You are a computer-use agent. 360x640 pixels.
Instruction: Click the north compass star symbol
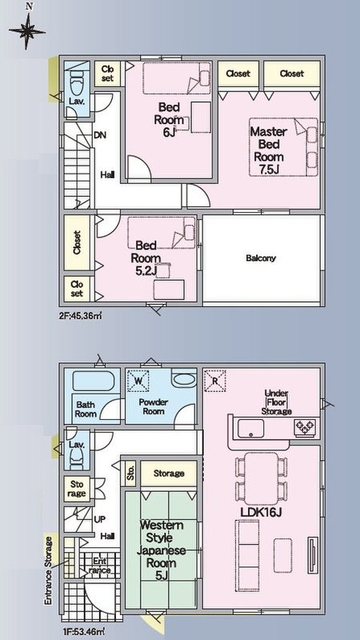(x=27, y=31)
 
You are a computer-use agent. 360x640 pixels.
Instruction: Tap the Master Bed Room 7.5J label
(x=268, y=150)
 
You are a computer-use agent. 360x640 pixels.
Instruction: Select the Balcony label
(x=261, y=258)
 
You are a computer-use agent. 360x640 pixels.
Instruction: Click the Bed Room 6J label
(x=169, y=119)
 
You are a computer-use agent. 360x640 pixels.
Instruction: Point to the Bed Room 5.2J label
(x=146, y=258)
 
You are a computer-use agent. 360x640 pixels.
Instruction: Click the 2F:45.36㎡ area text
(x=79, y=315)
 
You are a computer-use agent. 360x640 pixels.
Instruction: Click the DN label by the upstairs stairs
(x=100, y=135)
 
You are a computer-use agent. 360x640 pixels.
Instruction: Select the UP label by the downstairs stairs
(x=100, y=519)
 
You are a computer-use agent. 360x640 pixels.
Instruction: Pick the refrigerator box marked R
(x=214, y=380)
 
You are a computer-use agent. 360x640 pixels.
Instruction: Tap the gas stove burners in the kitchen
(x=305, y=427)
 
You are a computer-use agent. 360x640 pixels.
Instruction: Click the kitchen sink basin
(x=250, y=428)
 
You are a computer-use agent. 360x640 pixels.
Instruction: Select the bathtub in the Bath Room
(x=96, y=382)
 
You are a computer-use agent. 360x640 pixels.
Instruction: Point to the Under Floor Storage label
(x=276, y=402)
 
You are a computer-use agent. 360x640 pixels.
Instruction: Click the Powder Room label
(x=154, y=406)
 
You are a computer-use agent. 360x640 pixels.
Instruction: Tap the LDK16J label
(x=262, y=512)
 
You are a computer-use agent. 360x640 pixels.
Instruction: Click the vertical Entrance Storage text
(x=49, y=570)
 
